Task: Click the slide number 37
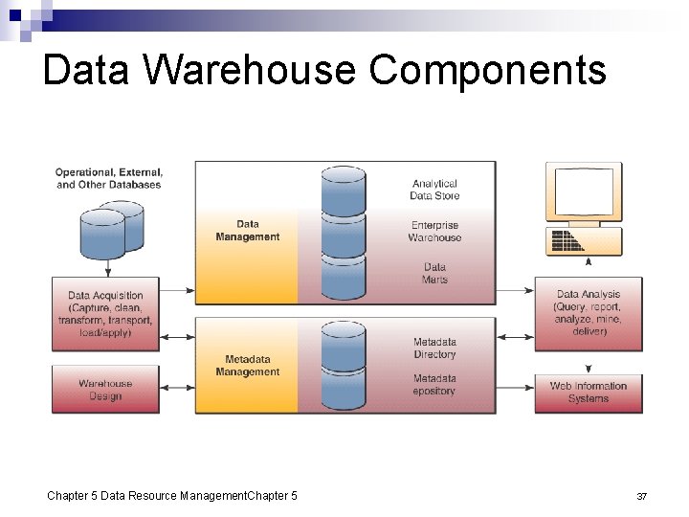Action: pos(642,496)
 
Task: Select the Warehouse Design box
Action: pos(105,390)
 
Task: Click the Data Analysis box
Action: pos(588,313)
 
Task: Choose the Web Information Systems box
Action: pos(588,393)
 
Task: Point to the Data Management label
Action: pos(247,231)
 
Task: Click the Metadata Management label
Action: pos(247,366)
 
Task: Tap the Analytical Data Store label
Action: pos(434,190)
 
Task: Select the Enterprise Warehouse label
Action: pos(434,232)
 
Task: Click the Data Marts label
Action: pos(434,273)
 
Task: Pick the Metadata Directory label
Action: pos(434,348)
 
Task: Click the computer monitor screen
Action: pos(584,191)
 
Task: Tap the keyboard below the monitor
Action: pos(584,241)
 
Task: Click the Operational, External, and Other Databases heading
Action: pos(109,178)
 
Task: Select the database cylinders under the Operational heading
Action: pos(110,231)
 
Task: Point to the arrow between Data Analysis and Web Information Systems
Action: pos(589,368)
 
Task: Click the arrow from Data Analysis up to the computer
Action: pos(589,263)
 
